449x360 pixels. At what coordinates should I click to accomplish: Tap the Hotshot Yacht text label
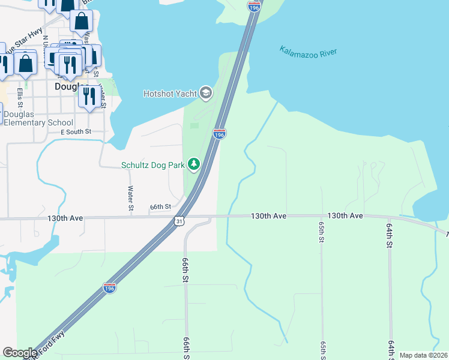[x=170, y=93]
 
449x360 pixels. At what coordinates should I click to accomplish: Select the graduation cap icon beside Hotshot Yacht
[x=206, y=92]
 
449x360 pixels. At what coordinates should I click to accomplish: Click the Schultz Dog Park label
[x=152, y=164]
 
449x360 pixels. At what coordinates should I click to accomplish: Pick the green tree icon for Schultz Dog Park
[x=193, y=164]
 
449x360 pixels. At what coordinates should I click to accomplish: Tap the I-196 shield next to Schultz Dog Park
[x=219, y=134]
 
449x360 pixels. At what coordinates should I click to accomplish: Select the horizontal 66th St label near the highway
[x=161, y=207]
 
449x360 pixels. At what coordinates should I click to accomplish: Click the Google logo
[x=20, y=353]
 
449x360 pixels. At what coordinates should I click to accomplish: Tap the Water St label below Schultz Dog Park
[x=130, y=198]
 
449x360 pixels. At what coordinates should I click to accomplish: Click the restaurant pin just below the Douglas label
[x=89, y=97]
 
